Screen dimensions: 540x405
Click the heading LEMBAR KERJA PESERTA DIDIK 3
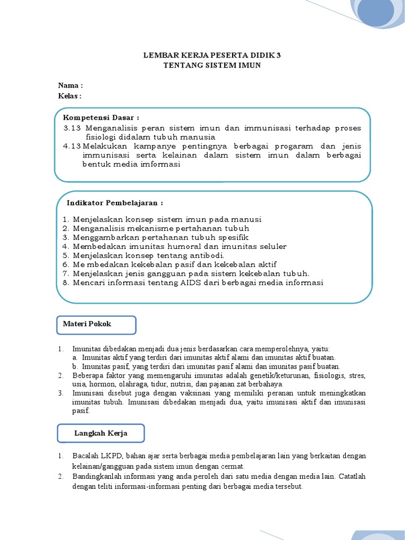[213, 55]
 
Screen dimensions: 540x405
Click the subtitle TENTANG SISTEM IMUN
[212, 65]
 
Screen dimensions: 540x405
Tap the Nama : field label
[70, 85]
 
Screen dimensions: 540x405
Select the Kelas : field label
[70, 95]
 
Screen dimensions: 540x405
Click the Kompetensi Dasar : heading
[101, 117]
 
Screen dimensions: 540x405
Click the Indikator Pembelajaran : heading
[114, 203]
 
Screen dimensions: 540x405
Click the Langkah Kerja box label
[101, 433]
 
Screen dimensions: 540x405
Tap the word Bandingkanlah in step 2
[95, 476]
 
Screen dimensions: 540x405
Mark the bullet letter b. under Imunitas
[76, 367]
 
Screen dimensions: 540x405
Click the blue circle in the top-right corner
[375, 12]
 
